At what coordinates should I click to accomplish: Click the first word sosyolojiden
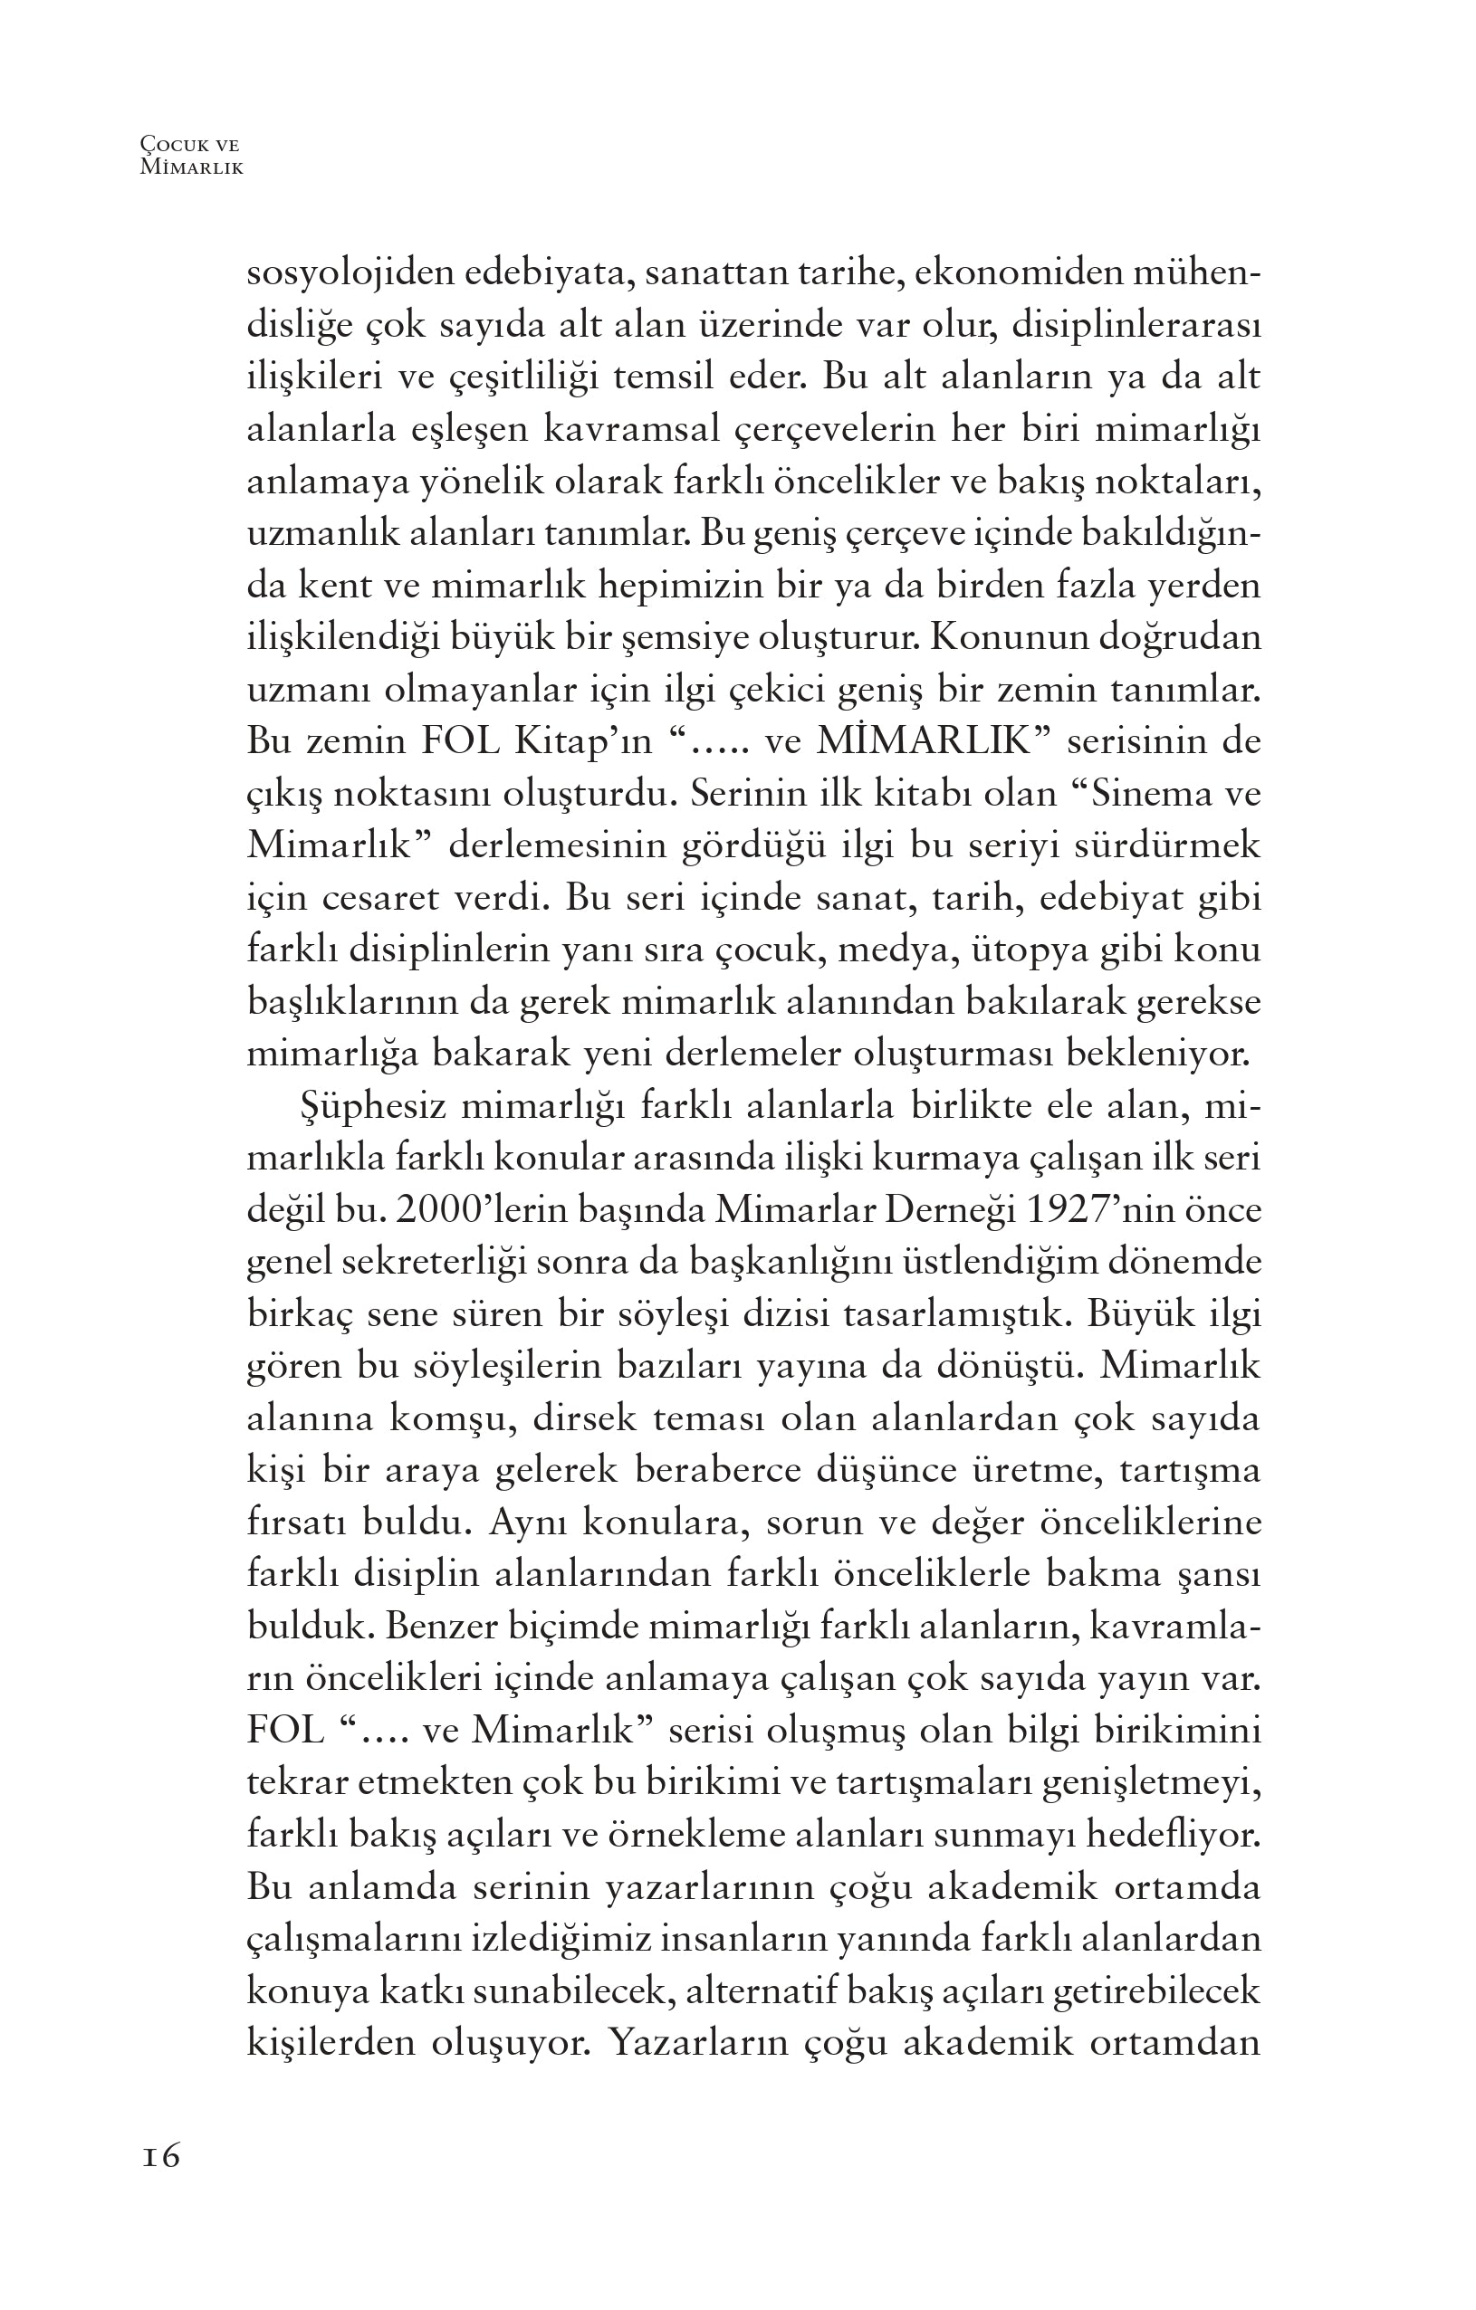pyautogui.click(x=350, y=273)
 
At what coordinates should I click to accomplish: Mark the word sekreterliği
pyautogui.click(x=434, y=1264)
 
